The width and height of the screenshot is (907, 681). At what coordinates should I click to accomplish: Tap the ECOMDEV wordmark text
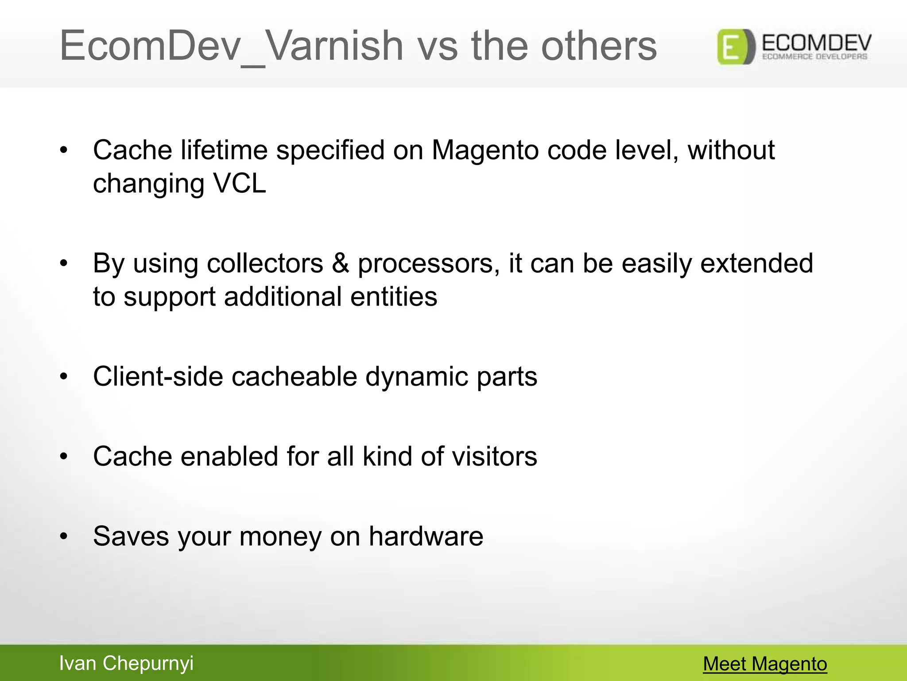[816, 43]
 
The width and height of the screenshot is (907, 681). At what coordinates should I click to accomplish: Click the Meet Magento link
[765, 664]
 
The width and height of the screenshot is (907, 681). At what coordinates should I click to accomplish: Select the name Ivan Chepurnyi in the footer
[126, 663]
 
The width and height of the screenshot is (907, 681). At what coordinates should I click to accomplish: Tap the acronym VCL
[240, 183]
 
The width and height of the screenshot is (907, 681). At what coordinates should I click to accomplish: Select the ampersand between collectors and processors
[341, 263]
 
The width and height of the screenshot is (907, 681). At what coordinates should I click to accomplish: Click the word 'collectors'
[265, 263]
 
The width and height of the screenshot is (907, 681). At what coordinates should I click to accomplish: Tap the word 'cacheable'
[294, 376]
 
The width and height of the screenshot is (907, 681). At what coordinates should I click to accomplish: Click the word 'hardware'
[426, 536]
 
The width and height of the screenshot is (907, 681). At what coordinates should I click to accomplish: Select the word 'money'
[280, 536]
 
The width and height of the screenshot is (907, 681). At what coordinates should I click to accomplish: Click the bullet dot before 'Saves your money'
[64, 536]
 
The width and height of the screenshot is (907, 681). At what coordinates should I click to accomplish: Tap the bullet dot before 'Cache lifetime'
[64, 150]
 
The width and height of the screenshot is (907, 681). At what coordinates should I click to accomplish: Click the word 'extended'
[757, 263]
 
